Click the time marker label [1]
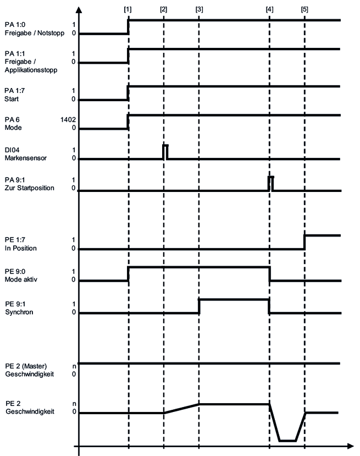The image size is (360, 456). click(x=128, y=10)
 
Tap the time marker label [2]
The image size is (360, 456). click(x=164, y=10)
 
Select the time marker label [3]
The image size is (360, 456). click(x=199, y=10)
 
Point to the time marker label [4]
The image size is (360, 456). click(x=269, y=10)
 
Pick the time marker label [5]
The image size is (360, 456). click(x=305, y=10)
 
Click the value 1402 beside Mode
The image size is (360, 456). click(x=68, y=119)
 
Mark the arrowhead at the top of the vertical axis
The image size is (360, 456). click(x=79, y=10)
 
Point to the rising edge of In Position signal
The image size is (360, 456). click(x=305, y=242)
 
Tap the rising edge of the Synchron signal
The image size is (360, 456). click(x=199, y=306)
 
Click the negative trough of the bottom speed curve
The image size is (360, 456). click(x=287, y=440)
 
